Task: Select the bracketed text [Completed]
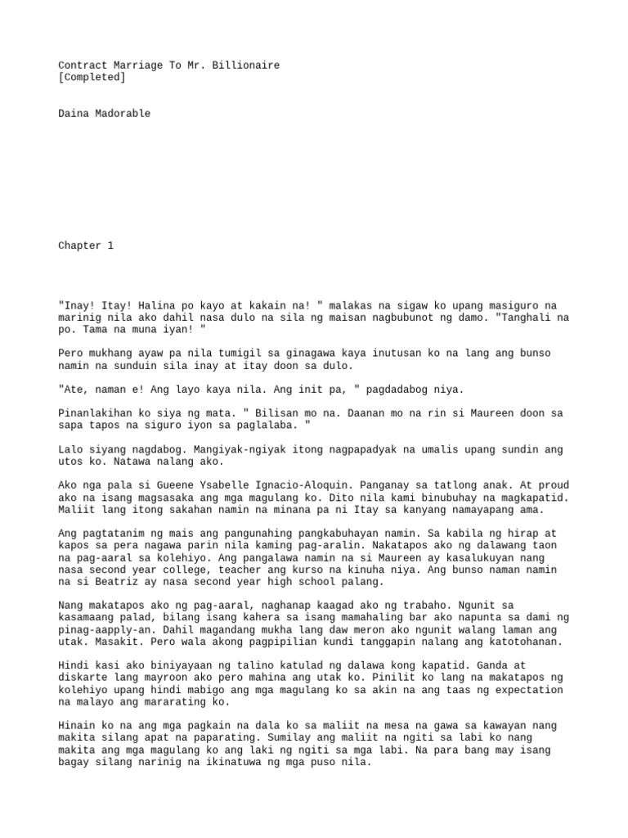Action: [x=92, y=77]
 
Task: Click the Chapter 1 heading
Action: [x=85, y=246]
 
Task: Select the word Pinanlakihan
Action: [x=95, y=413]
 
